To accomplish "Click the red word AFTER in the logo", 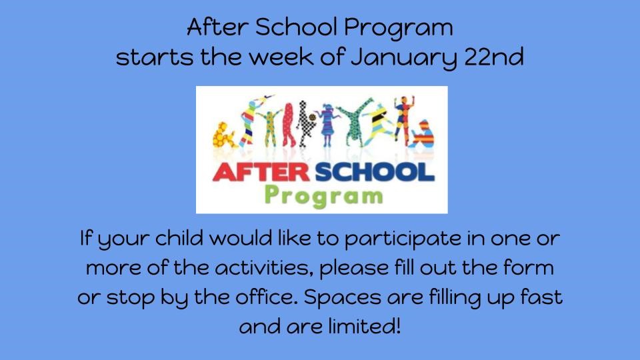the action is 261,172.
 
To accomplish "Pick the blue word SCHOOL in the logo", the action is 375,172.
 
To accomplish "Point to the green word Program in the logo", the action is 324,196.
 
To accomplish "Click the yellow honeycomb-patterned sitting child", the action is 224,135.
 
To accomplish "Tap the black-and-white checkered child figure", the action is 303,123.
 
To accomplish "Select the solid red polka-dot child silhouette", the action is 288,125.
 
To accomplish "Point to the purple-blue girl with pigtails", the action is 327,125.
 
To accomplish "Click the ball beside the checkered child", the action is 312,117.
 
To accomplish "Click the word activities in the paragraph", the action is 265,268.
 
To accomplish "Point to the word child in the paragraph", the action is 179,239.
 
